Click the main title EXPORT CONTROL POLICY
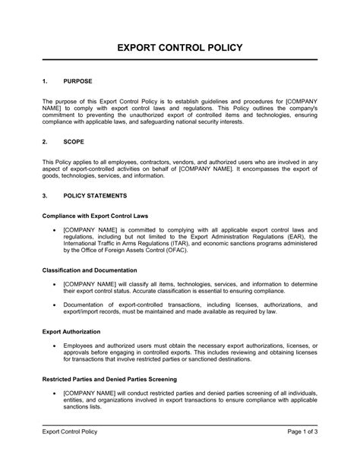179,48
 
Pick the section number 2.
45,141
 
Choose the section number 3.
45,195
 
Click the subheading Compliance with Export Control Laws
93,216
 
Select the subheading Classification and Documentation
89,270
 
